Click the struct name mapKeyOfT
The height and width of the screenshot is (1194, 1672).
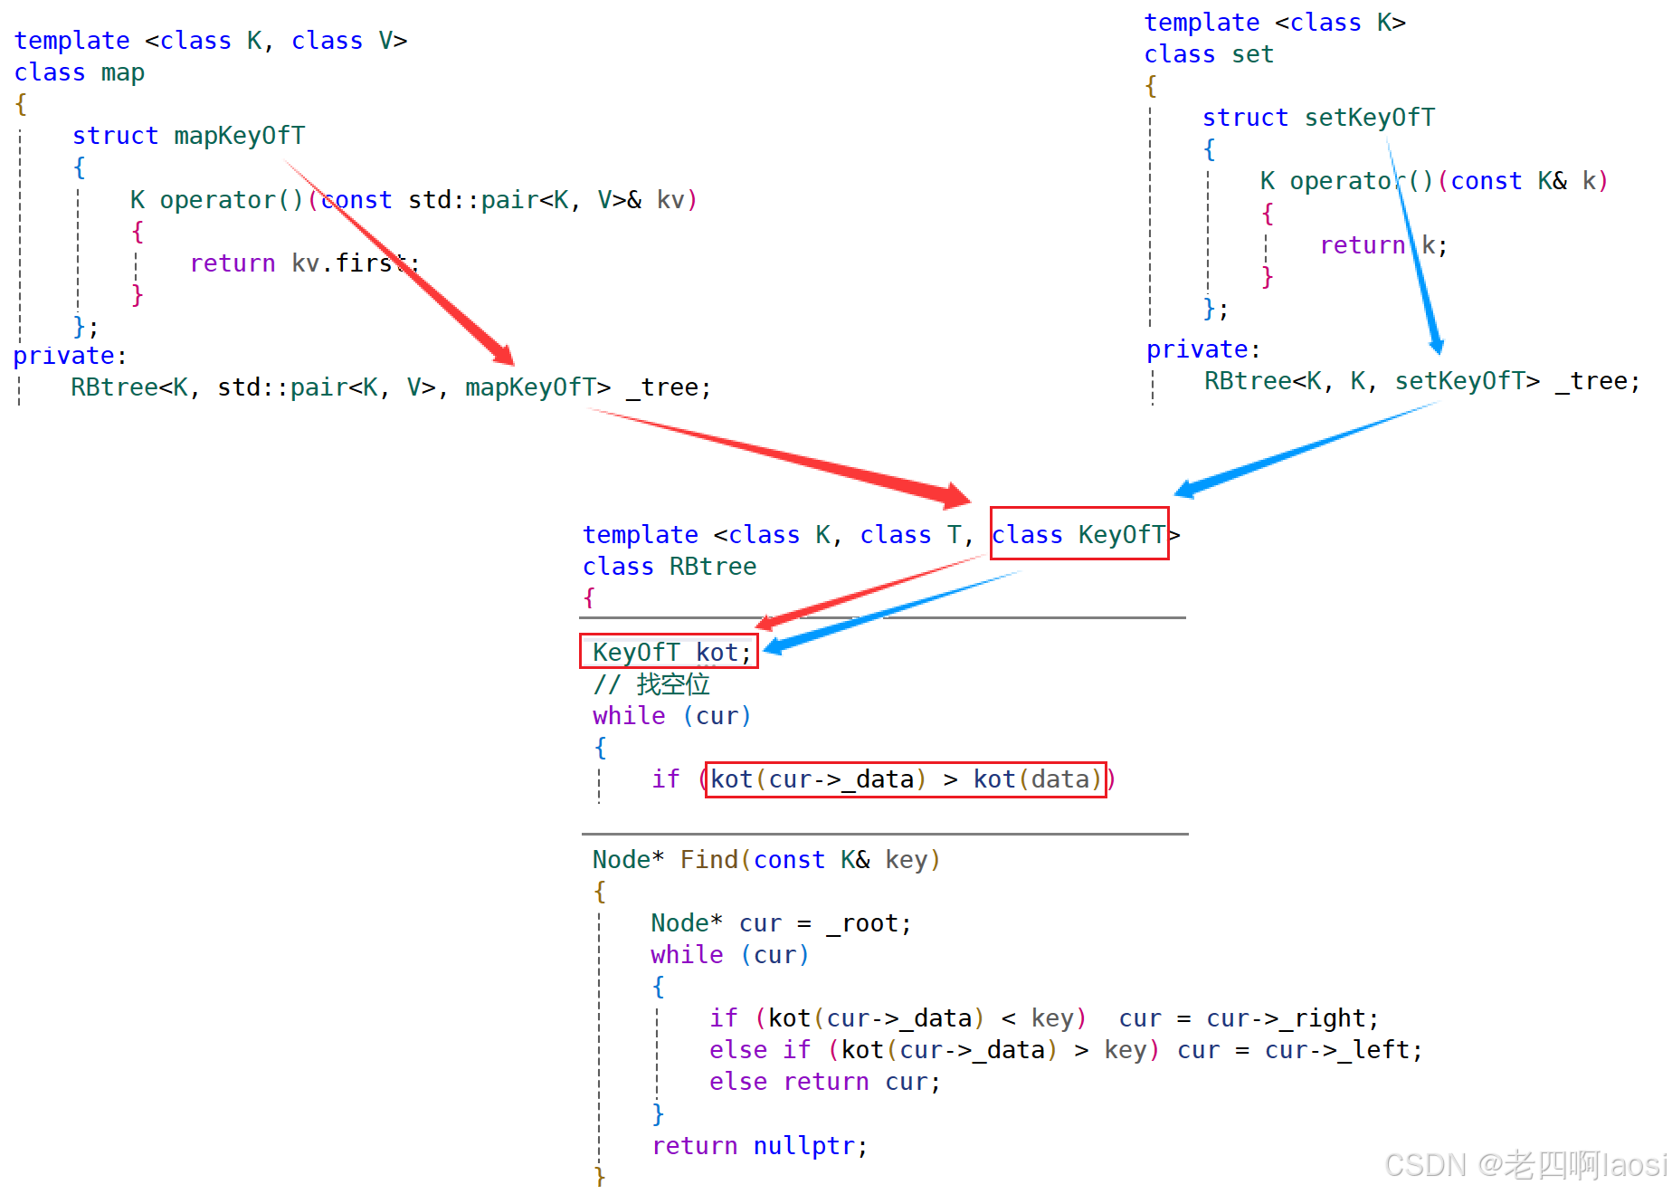[240, 136]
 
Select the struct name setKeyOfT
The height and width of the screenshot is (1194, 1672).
[1369, 118]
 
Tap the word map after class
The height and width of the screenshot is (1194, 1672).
[122, 72]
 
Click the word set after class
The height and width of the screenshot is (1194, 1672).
[1252, 54]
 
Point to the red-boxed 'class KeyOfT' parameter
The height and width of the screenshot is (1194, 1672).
[1078, 534]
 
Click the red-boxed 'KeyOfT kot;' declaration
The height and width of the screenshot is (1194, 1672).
[669, 652]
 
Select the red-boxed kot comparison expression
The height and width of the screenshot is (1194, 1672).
[905, 779]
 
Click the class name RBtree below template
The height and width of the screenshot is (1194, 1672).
[713, 567]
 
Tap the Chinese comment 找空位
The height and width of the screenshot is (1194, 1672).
[672, 684]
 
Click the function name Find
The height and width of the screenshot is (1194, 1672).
[708, 860]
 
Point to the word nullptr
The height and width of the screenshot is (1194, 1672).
[803, 1146]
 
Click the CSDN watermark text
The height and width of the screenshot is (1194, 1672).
[1524, 1163]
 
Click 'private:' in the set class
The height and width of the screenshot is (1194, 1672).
[1202, 349]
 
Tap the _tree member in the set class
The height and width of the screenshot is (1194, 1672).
[1599, 381]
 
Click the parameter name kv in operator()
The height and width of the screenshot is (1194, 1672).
[670, 200]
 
